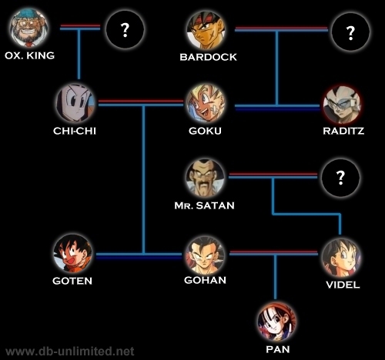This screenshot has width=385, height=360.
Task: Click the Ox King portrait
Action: tap(28, 28)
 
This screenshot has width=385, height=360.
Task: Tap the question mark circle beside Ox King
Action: tap(125, 30)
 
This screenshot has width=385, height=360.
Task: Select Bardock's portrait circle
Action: tap(206, 30)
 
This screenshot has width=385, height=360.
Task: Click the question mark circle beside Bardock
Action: tap(350, 32)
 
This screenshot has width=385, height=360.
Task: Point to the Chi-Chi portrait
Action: tap(75, 103)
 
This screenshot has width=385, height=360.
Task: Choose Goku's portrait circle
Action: tap(206, 103)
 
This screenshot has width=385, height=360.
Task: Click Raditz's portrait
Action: tap(342, 105)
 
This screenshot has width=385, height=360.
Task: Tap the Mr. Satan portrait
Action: tap(205, 178)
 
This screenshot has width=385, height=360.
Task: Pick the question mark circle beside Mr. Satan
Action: tap(340, 178)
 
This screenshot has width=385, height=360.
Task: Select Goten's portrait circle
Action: tap(73, 253)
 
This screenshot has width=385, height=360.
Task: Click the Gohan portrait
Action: tap(205, 255)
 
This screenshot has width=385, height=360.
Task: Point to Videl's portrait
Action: tap(341, 258)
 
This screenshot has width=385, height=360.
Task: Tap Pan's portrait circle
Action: tap(277, 322)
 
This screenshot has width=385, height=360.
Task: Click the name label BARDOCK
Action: tap(208, 57)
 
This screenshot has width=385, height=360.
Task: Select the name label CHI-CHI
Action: tap(75, 131)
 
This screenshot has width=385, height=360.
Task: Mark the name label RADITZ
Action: tap(343, 131)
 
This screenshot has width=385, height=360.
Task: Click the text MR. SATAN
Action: tap(204, 205)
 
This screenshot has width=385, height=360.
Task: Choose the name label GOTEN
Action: tap(72, 281)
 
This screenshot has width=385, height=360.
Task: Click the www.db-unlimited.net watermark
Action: tap(69, 352)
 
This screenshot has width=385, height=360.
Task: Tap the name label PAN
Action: tap(278, 349)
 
